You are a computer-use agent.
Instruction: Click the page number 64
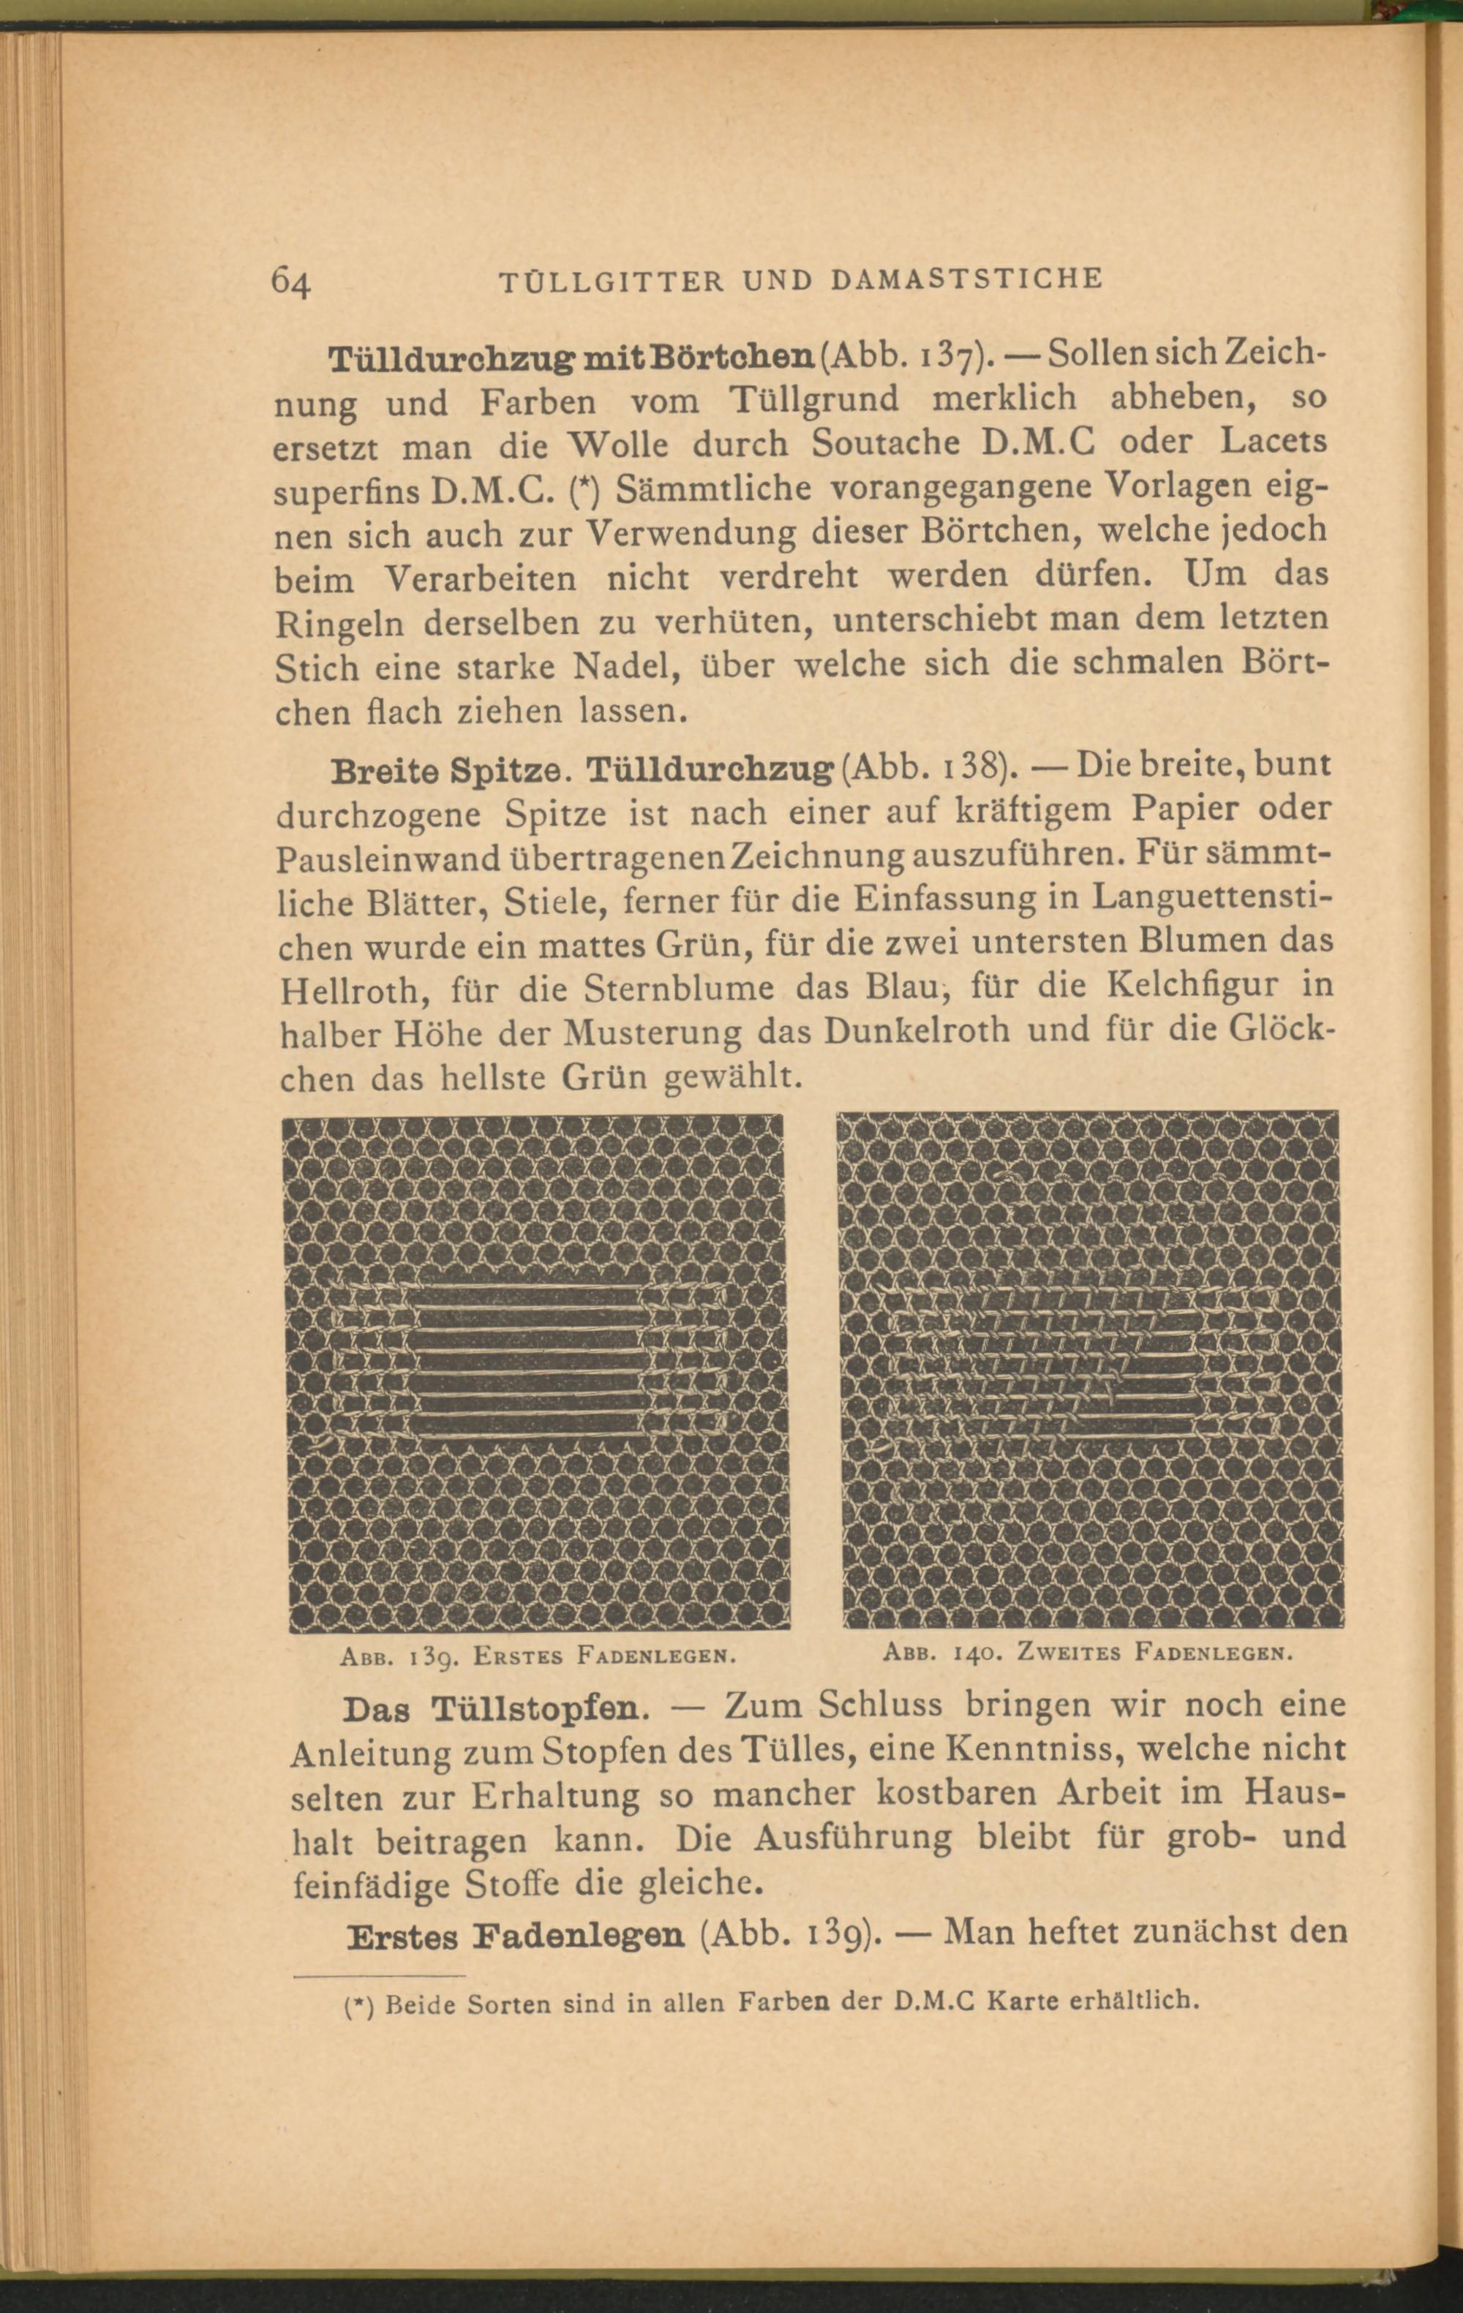coord(291,282)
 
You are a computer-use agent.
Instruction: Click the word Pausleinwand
coord(388,858)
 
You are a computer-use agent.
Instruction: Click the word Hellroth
coord(335,990)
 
